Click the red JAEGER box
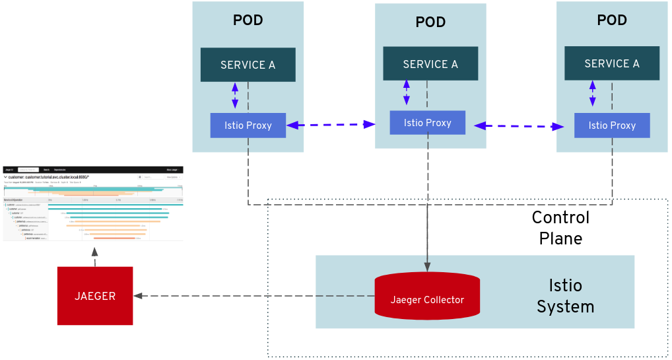(95, 296)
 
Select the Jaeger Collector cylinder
(427, 297)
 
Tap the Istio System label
(565, 296)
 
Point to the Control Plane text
(560, 228)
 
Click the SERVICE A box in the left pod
(248, 65)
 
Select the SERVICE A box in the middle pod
(430, 64)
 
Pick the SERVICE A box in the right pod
(612, 63)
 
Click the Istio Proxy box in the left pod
(248, 126)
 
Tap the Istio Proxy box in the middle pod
(427, 123)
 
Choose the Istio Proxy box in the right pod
(612, 126)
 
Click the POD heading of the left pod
(248, 20)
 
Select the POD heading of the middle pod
(430, 22)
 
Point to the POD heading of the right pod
(612, 20)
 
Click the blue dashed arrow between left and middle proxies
(331, 124)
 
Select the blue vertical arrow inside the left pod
(235, 96)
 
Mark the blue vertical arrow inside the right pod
(592, 94)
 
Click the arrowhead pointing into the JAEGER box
(138, 296)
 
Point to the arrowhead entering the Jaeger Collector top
(427, 267)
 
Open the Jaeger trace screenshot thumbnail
(93, 203)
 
